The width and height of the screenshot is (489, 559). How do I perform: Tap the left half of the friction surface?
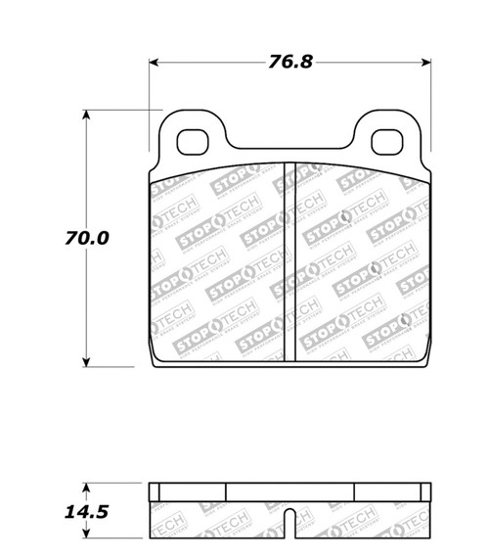pyautogui.click(x=215, y=264)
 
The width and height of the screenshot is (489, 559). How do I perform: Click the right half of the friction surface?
pyautogui.click(x=357, y=264)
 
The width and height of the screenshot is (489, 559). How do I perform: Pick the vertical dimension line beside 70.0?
pyautogui.click(x=87, y=294)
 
